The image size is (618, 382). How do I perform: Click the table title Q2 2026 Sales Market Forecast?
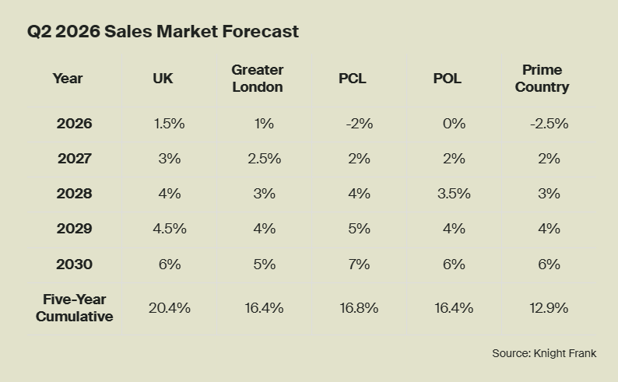[163, 32]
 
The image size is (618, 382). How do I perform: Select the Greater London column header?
[257, 79]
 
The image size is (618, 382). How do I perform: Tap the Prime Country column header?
[542, 79]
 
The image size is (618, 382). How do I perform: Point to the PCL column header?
[353, 79]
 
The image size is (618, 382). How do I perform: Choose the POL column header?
[448, 79]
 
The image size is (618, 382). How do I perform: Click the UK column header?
[163, 79]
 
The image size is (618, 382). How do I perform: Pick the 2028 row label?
[74, 194]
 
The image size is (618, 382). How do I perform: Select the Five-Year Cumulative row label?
[74, 308]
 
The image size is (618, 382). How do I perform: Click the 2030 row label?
[74, 265]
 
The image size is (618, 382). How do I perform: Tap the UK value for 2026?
[169, 124]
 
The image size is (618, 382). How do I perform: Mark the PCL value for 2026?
[359, 124]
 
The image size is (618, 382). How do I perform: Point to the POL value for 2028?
[454, 194]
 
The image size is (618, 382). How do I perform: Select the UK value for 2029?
[169, 229]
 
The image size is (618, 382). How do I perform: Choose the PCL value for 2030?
[359, 265]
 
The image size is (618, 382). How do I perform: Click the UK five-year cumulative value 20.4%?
[169, 308]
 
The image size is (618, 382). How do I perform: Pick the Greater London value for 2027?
[264, 159]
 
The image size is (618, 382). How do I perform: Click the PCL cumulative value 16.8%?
[359, 308]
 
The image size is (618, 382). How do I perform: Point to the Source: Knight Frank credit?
[544, 353]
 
